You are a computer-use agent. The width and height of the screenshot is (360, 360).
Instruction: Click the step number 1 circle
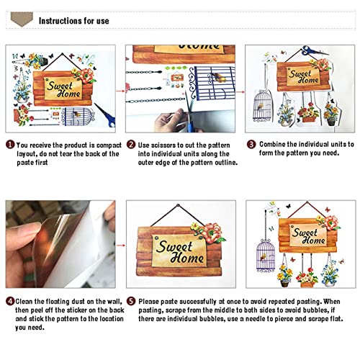click(10, 145)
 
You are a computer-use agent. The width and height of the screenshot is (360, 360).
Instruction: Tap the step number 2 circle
click(131, 145)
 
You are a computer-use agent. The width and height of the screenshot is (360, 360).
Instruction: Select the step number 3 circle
click(251, 144)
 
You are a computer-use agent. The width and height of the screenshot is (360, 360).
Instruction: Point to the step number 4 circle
click(10, 301)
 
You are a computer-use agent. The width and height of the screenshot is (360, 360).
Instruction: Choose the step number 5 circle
click(131, 301)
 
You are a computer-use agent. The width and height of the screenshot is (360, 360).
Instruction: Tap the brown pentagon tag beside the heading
click(22, 19)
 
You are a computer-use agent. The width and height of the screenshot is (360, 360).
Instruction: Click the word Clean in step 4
click(24, 301)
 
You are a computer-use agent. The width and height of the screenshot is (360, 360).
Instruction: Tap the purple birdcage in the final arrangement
click(266, 255)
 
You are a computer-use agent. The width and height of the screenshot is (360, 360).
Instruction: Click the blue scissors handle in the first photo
click(112, 121)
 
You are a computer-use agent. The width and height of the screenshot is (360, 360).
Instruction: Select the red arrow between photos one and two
click(120, 91)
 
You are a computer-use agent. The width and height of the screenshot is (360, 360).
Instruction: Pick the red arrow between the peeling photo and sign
click(121, 246)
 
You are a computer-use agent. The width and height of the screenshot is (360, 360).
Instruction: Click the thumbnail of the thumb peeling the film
click(60, 244)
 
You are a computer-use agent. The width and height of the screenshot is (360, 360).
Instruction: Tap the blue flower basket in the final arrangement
click(330, 274)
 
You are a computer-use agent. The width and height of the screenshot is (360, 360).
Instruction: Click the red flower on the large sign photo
click(212, 233)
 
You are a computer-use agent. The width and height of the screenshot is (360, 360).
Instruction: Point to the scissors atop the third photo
click(313, 50)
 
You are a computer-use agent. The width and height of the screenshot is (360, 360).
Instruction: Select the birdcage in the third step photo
click(262, 105)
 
